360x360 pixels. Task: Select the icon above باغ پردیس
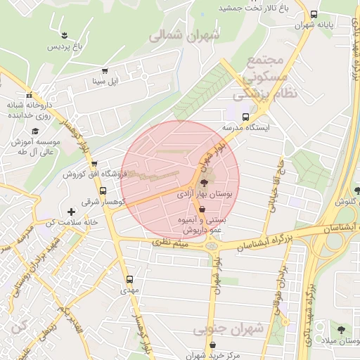(64, 35)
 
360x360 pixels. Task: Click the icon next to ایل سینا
(105, 72)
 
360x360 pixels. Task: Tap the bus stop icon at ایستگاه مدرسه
(245, 117)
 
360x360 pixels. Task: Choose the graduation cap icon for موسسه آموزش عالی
(34, 131)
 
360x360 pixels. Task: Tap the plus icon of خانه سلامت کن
(70, 211)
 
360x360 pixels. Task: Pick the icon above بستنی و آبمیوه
(202, 210)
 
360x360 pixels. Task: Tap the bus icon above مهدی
(128, 278)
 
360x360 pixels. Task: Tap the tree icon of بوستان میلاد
(340, 330)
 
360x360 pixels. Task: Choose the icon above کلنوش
(356, 190)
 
